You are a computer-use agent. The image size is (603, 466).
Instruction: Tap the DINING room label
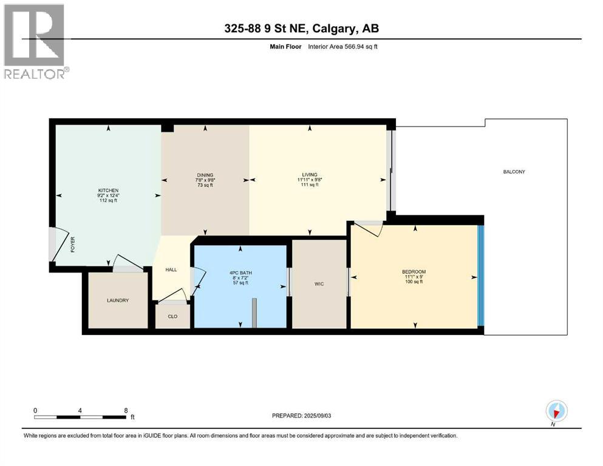205,175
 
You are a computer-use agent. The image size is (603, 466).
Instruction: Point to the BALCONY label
514,172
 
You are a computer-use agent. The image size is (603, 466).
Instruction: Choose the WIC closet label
319,283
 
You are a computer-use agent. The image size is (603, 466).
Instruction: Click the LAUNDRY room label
118,300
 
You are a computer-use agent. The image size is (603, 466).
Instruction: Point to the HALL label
171,269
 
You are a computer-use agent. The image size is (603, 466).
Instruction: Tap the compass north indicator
556,412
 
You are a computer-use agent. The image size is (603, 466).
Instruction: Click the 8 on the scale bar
126,410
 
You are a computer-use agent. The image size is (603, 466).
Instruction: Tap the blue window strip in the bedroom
480,276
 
